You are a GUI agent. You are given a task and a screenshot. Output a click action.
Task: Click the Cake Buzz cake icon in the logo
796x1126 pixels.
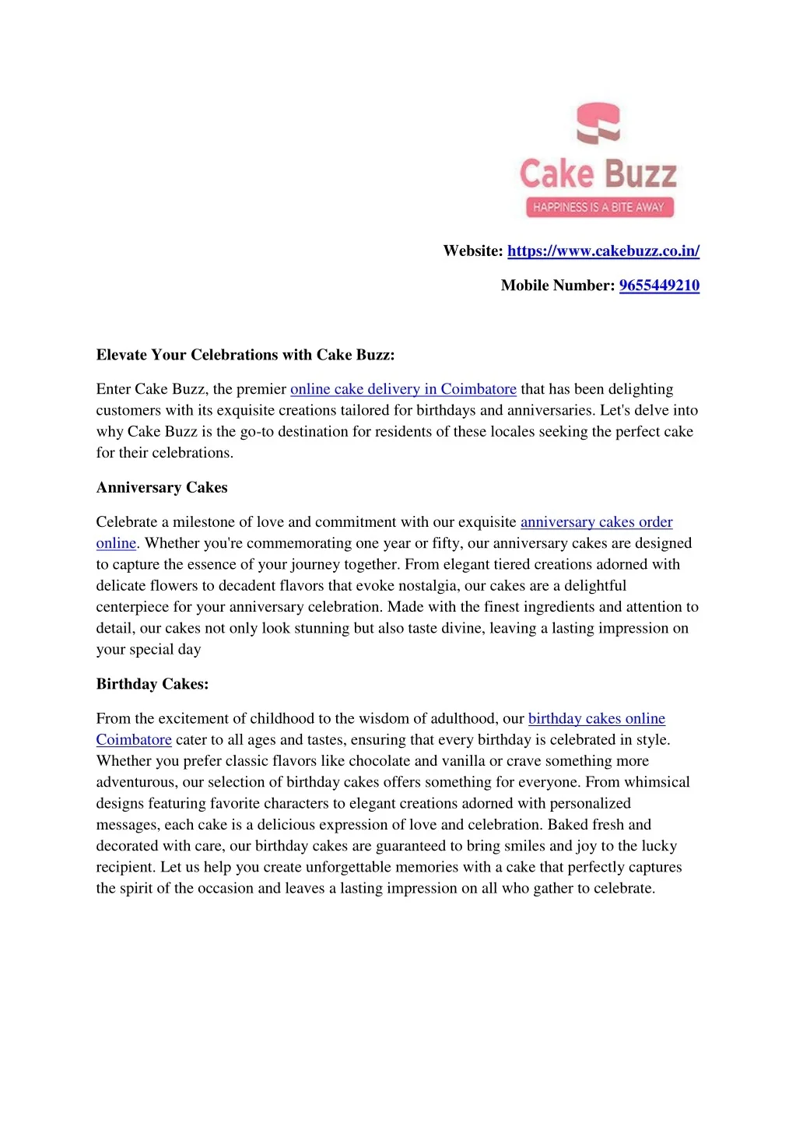click(598, 124)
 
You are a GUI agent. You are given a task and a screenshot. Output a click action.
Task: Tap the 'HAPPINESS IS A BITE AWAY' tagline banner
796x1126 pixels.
click(598, 207)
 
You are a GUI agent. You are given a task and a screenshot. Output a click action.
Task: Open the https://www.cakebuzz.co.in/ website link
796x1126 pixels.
click(603, 251)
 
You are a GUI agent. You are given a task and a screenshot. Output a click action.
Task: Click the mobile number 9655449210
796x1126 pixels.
click(659, 286)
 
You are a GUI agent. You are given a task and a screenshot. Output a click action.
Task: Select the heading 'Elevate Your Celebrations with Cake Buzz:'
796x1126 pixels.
click(245, 355)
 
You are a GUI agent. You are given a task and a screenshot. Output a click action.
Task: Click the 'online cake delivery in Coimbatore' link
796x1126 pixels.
click(403, 389)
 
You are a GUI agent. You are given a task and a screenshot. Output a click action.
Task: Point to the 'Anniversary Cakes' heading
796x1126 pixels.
click(162, 488)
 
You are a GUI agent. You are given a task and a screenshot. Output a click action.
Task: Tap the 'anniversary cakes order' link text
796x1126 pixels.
click(596, 522)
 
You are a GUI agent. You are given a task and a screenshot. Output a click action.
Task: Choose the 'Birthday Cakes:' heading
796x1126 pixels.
click(153, 685)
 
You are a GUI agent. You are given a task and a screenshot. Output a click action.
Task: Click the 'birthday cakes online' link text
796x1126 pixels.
click(596, 719)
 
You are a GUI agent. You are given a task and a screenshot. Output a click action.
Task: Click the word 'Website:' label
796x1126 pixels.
click(473, 251)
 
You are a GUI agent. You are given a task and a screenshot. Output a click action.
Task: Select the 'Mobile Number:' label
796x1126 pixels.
click(557, 286)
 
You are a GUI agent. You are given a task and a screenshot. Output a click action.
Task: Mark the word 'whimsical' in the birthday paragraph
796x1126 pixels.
click(655, 782)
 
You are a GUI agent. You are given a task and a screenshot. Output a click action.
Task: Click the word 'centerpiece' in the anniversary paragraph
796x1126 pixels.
click(133, 607)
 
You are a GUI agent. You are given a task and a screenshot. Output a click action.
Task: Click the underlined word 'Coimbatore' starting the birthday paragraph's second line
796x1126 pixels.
click(134, 740)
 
